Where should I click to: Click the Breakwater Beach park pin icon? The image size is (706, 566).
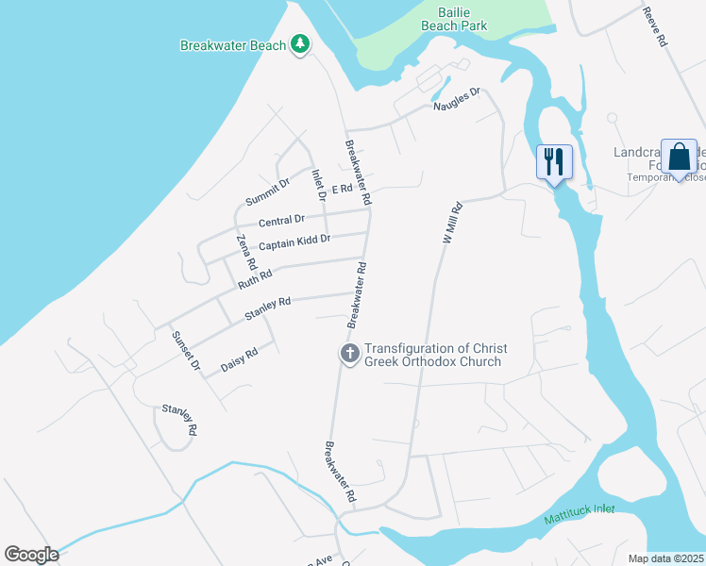pyautogui.click(x=300, y=44)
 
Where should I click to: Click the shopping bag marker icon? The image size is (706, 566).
pyautogui.click(x=679, y=157)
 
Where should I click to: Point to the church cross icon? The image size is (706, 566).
pyautogui.click(x=349, y=355)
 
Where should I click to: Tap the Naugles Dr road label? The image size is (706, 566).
pyautogui.click(x=457, y=99)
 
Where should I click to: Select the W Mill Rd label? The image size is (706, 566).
pyautogui.click(x=452, y=224)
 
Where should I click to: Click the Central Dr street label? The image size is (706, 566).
pyautogui.click(x=281, y=221)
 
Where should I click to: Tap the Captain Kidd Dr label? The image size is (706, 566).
pyautogui.click(x=294, y=241)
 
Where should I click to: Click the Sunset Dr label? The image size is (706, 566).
pyautogui.click(x=185, y=350)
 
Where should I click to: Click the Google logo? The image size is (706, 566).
pyautogui.click(x=31, y=555)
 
